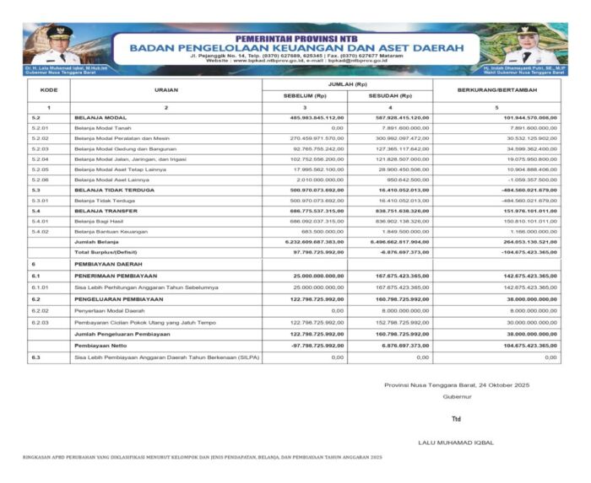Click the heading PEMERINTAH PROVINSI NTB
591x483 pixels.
[295, 39]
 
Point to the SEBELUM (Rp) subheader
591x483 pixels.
[311, 96]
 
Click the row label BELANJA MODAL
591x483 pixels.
[101, 117]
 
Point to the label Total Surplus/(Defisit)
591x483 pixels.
[108, 251]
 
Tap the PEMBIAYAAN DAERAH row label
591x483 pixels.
[106, 265]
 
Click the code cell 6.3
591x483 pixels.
[35, 357]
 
